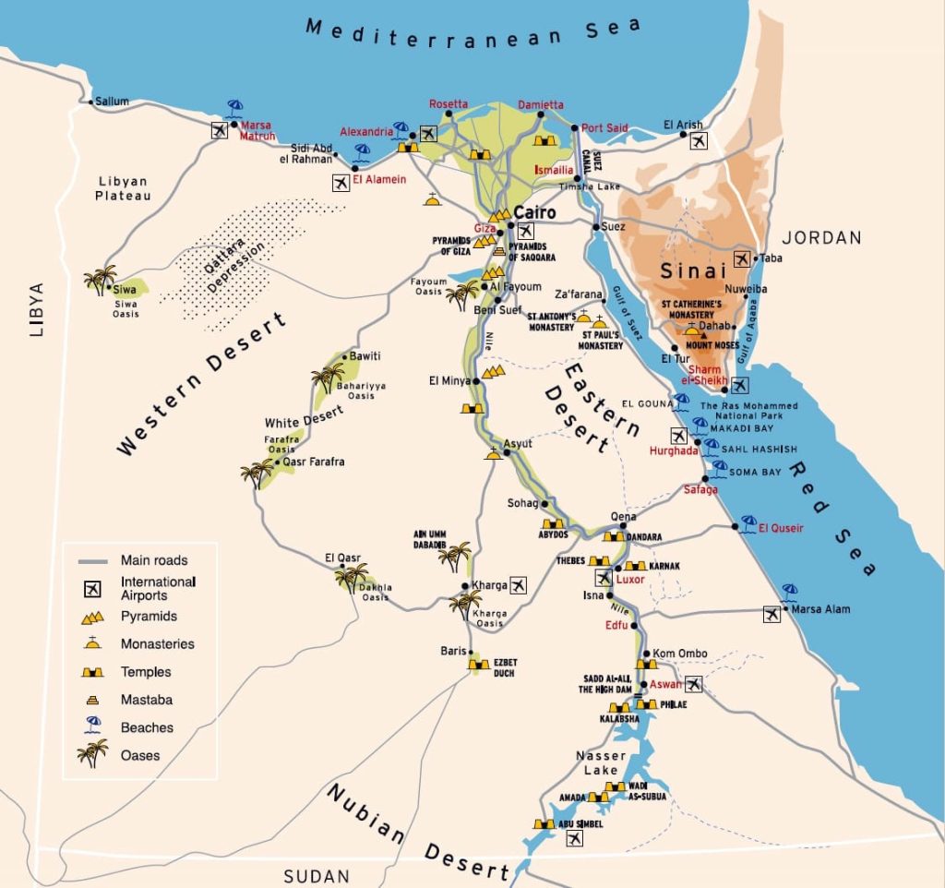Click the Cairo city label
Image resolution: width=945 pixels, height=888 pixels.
coord(535,213)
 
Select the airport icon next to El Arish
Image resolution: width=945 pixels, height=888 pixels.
coord(699,140)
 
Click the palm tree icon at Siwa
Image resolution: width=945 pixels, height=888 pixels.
coord(100,280)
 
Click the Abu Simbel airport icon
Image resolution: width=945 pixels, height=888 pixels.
coord(574,838)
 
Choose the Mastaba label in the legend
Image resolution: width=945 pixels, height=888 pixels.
coord(146,700)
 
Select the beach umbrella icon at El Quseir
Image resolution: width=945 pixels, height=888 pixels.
coord(748,523)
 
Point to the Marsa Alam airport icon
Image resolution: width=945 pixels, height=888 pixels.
coord(772,614)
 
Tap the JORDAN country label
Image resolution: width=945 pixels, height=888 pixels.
coord(822,238)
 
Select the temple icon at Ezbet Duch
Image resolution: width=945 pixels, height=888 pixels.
coord(477,664)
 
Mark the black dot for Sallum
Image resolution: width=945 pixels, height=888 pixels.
coord(90,102)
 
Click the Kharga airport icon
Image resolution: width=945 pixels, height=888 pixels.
coord(517,584)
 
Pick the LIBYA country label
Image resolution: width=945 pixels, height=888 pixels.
coord(36,309)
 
